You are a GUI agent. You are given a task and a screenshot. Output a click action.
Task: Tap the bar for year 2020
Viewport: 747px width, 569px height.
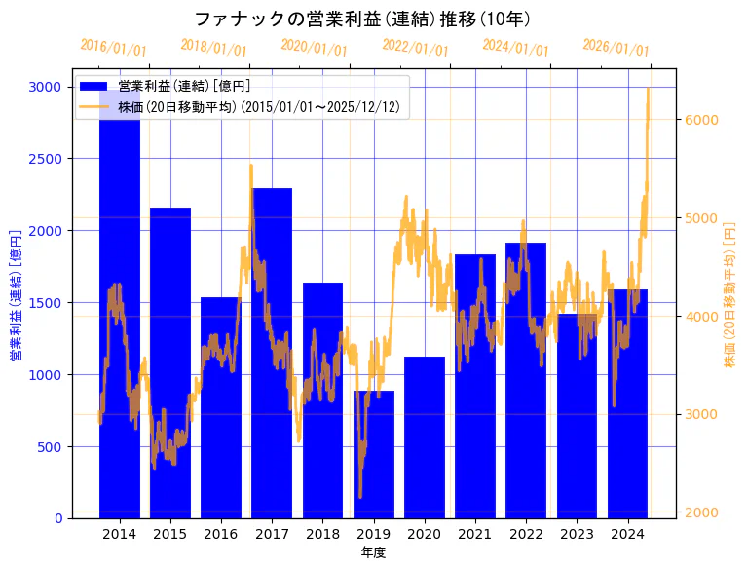pos(425,437)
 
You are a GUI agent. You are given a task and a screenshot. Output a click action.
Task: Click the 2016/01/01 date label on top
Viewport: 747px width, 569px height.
pos(113,47)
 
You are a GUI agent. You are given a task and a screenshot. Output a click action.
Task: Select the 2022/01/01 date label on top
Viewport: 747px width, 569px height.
pos(415,47)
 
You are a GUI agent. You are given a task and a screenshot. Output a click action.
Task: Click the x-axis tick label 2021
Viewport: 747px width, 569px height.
pos(475,534)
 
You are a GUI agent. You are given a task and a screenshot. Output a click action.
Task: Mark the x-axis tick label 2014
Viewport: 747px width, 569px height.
pos(120,534)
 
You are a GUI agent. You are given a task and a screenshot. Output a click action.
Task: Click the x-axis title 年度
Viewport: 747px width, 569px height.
pos(373,552)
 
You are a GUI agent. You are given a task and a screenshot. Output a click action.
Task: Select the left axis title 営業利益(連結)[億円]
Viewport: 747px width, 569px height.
pos(15,295)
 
